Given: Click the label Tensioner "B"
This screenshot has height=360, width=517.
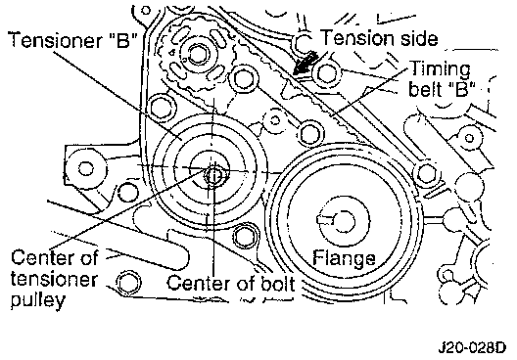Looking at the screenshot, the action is (x=72, y=40).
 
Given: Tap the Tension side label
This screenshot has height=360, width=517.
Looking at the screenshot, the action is (x=379, y=37).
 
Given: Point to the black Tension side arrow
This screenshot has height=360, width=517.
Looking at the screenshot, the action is (x=305, y=65).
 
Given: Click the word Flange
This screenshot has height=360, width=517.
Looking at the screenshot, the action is (x=344, y=258).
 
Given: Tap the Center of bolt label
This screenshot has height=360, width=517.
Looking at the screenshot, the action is (x=230, y=283).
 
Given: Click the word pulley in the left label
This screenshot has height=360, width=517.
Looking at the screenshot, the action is (x=38, y=299).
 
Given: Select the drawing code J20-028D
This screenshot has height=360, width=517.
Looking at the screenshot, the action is (x=471, y=347).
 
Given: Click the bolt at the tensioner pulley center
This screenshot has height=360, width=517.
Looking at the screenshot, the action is (x=214, y=176).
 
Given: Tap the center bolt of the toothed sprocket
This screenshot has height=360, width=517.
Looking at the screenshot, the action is (x=197, y=55).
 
